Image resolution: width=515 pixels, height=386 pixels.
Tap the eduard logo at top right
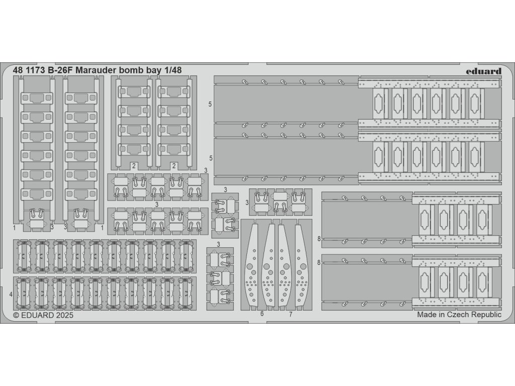[483, 71]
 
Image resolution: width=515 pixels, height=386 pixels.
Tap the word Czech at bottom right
[454, 315]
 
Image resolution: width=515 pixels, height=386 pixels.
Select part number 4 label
[11, 293]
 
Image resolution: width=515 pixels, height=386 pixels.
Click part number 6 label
[262, 314]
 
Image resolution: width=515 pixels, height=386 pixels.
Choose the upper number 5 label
[210, 104]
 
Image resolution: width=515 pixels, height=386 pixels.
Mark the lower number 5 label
[210, 158]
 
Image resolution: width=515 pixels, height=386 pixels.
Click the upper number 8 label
[319, 239]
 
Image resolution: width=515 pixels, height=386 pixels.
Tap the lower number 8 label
[319, 262]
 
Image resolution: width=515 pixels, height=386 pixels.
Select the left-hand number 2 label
[134, 165]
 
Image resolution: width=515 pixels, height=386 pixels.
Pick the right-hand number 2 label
[174, 165]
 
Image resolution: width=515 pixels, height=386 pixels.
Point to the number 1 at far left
[15, 227]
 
